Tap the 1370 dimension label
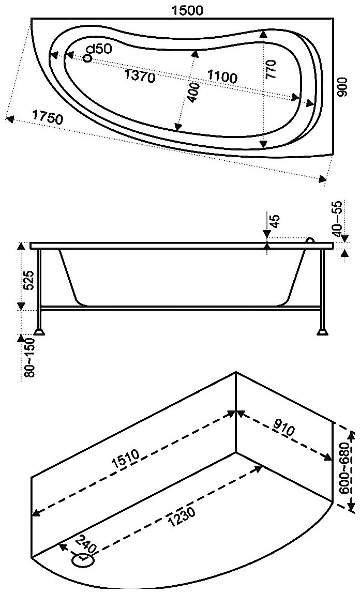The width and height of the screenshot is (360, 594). coord(140,77)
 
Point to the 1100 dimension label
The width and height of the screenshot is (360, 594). coord(222,77)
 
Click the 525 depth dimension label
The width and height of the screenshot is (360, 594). coord(29,280)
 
